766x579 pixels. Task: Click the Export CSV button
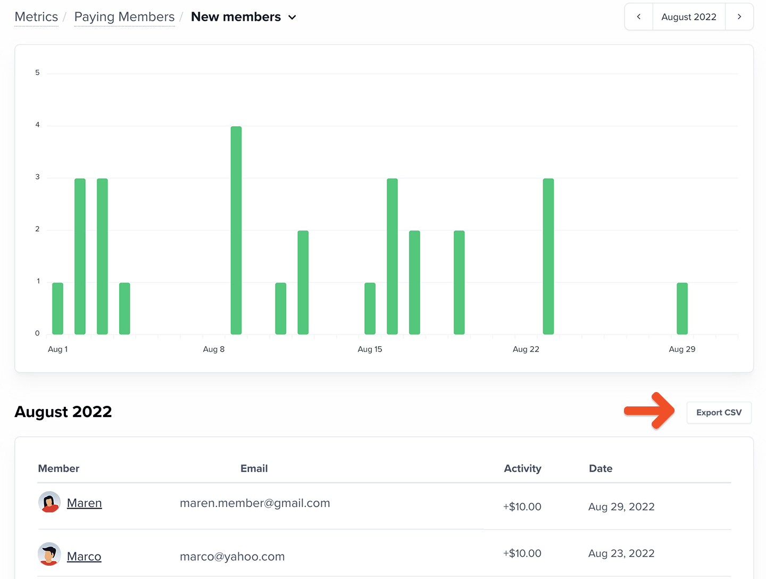pos(719,413)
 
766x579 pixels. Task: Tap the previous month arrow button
pos(638,17)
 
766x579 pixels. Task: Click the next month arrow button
pos(739,17)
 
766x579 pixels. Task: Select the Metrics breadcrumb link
pos(36,17)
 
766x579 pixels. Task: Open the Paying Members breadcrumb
pos(124,17)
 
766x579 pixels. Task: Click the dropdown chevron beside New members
pos(292,18)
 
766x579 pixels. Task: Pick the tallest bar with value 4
pos(236,230)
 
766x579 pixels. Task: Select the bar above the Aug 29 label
pos(682,308)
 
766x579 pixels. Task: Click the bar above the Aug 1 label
pos(57,308)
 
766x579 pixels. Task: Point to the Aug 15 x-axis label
pos(370,349)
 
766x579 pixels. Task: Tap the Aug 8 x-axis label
pos(214,349)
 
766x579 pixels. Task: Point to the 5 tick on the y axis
pos(37,72)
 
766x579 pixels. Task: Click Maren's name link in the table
pos(84,503)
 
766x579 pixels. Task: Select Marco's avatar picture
pos(49,554)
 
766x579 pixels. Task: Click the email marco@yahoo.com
pos(232,557)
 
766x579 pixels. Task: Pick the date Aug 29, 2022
pos(621,507)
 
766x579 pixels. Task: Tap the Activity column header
pos(522,469)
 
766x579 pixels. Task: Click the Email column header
pos(254,469)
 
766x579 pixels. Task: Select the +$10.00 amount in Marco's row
pos(522,553)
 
